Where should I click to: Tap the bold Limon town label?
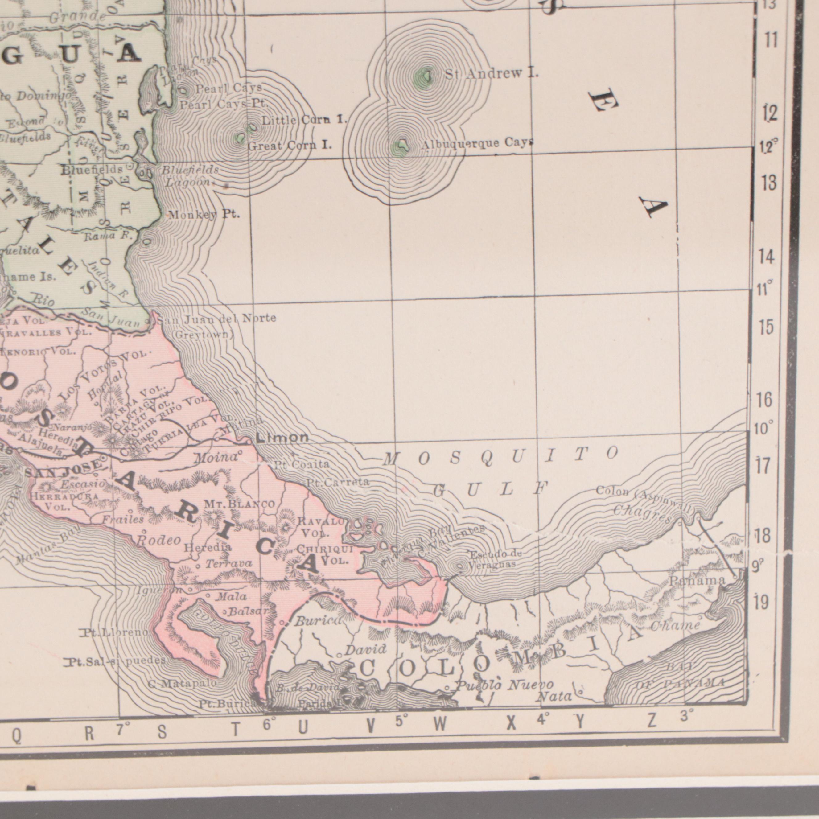282,438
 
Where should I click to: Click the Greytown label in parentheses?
203,335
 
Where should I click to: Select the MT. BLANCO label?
240,504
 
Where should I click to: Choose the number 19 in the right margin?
761,602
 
